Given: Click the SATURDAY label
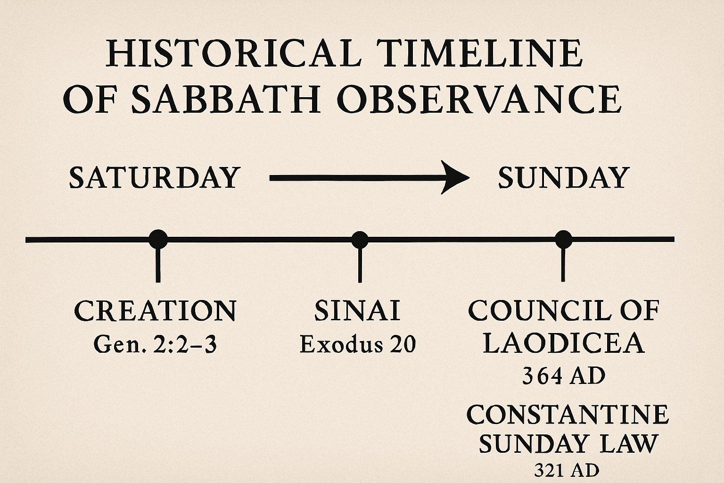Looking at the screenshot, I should point(155,178).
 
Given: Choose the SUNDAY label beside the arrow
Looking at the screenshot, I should point(564,178).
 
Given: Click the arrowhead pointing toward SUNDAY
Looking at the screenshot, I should point(456,177).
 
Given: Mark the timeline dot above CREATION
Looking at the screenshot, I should point(158,239).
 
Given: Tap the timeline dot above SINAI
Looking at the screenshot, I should point(360,239).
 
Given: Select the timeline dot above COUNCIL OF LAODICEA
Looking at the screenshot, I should point(563,239).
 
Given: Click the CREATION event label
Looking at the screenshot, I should point(155,311).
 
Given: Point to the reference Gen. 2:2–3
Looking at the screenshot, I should point(155,345).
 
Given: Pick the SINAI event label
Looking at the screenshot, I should point(357,311).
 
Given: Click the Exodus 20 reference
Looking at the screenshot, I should point(358,344).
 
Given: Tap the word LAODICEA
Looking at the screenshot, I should point(563,343).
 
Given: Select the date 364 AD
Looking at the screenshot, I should point(563,376).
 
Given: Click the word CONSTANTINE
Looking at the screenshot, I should point(568,415).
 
